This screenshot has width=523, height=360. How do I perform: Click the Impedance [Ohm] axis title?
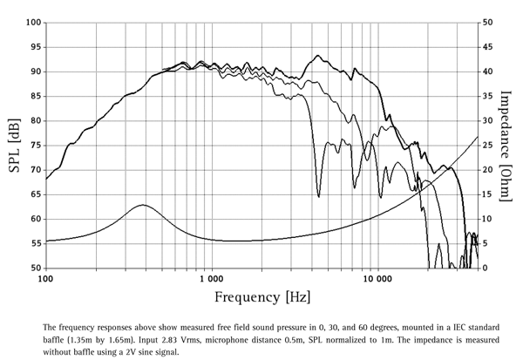pos(506,144)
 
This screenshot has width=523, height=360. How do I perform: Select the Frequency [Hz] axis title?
pos(261,297)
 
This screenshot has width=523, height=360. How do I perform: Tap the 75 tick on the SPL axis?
pos(34,146)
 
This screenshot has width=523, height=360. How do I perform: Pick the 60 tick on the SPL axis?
pos(34,219)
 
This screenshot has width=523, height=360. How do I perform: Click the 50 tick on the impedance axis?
pos(488,23)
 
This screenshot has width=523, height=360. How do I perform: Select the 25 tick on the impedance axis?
pos(488,146)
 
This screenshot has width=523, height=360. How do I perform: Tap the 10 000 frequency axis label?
pos(376,281)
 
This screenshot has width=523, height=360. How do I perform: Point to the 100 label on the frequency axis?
pos(46,281)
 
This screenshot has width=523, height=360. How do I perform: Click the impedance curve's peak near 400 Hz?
pos(142,205)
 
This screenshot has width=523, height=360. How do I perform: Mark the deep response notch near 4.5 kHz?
pos(318,196)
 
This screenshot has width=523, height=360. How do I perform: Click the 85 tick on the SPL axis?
pos(34,96)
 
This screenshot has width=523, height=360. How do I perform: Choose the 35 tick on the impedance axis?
pos(488,96)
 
